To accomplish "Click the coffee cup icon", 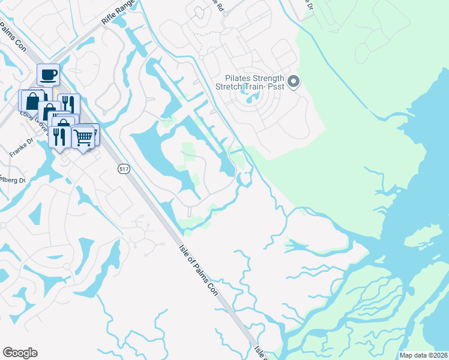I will [48, 76].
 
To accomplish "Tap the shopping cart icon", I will [83, 137].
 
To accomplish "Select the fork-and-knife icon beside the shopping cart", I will [60, 137].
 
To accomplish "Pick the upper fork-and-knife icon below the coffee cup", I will [68, 104].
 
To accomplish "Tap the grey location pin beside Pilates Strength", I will [294, 82].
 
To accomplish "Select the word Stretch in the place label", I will [232, 88].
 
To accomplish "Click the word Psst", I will [277, 88].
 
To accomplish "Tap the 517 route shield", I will [124, 169].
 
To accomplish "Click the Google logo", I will [20, 353].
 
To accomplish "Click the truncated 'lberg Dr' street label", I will [13, 181].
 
